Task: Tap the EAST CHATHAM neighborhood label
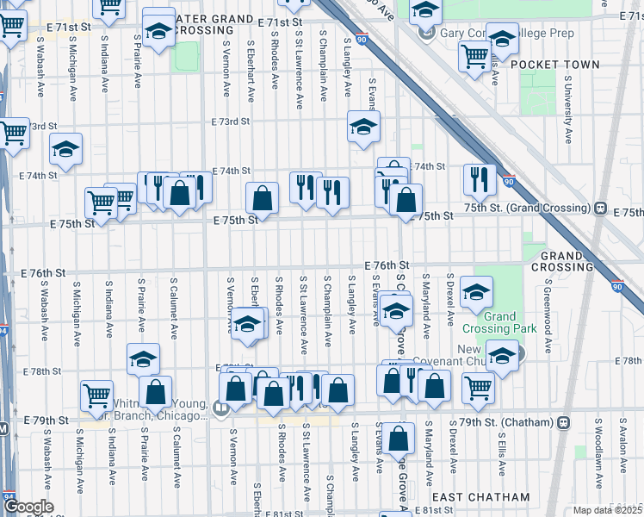coord(480,497)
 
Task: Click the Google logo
coord(28,507)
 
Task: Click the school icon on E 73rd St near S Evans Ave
coord(363,126)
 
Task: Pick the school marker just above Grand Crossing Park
coord(475,291)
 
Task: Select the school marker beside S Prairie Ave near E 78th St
coord(143,358)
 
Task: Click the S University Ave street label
coord(567,109)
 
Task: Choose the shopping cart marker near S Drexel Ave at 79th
coord(477,388)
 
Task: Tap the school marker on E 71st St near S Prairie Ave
coord(158,30)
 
